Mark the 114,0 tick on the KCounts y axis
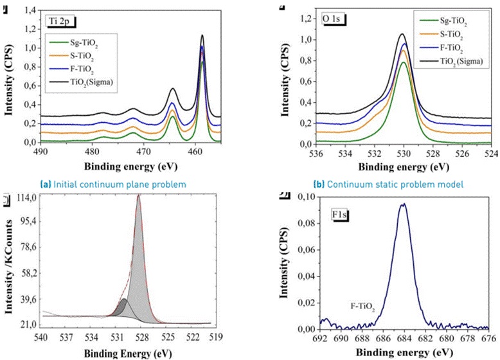(27, 197)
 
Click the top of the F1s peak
(404, 204)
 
